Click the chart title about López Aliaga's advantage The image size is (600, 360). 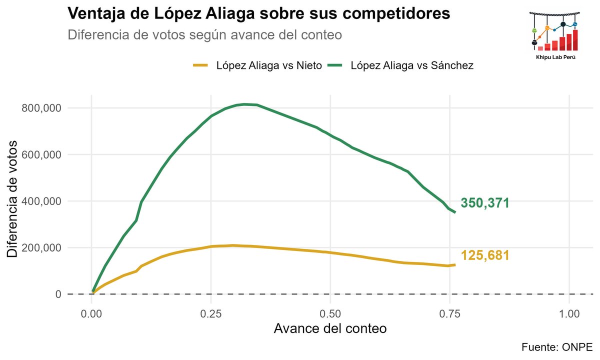click(258, 14)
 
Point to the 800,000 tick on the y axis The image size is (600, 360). click(42, 108)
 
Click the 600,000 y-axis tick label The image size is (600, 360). click(42, 154)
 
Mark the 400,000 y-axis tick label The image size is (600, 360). click(42, 201)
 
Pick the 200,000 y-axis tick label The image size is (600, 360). click(42, 247)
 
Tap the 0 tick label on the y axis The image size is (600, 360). click(58, 294)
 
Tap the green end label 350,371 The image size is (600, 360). click(484, 203)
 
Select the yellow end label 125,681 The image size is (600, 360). click(484, 255)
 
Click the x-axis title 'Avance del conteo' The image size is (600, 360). click(330, 329)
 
